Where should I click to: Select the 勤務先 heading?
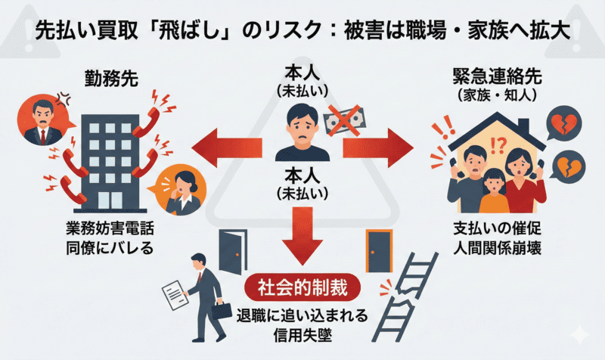110,78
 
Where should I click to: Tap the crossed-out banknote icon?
342,120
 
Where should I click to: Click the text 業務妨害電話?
110,228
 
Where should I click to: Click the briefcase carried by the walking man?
222,309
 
